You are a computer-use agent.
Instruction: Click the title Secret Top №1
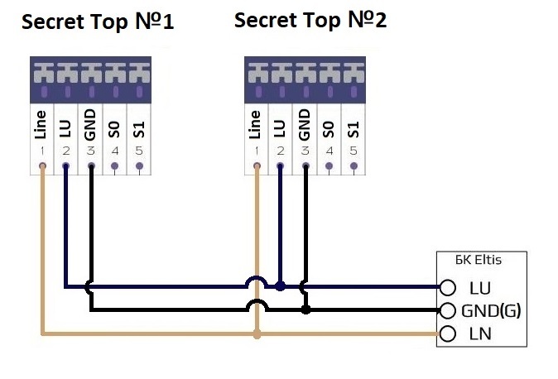click(x=98, y=22)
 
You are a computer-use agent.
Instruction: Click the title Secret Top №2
click(x=310, y=20)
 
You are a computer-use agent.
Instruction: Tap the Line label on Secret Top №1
click(x=41, y=125)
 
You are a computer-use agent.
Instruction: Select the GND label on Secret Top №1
click(x=90, y=125)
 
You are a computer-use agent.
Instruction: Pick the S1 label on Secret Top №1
click(x=139, y=130)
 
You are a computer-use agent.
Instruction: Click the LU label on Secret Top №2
click(x=280, y=129)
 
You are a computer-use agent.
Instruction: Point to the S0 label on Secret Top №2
click(x=329, y=130)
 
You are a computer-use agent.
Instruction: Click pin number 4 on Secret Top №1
click(x=114, y=151)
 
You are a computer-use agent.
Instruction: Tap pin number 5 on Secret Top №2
click(x=354, y=151)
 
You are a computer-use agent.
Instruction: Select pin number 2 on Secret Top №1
click(x=66, y=151)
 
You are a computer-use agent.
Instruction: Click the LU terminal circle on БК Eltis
click(x=448, y=287)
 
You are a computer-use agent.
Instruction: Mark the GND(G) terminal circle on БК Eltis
click(x=448, y=310)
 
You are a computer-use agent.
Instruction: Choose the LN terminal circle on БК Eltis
click(x=448, y=333)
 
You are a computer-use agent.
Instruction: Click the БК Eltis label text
click(x=479, y=260)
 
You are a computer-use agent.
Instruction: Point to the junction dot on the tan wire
click(x=257, y=334)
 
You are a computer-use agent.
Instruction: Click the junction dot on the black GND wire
click(x=305, y=310)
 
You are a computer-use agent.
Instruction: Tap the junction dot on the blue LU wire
click(x=281, y=286)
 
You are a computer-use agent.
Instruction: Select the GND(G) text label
click(x=491, y=311)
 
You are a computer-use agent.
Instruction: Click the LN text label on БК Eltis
click(x=480, y=333)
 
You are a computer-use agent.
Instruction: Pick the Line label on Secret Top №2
click(x=255, y=125)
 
